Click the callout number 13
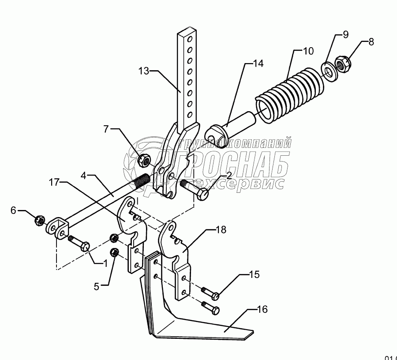tap(144, 70)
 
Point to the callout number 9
tap(345, 34)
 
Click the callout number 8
tap(371, 42)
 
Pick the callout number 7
tap(106, 129)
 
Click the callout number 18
tap(221, 229)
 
